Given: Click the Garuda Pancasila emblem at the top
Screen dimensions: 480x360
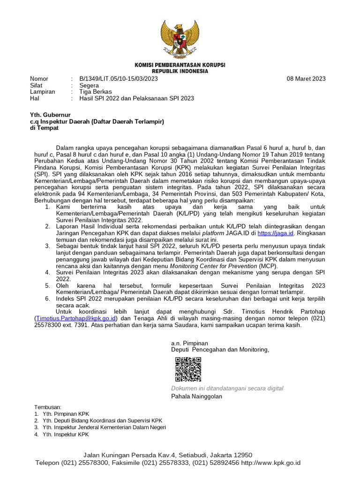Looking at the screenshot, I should point(180,39).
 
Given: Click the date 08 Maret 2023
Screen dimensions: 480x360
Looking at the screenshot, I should point(306,79).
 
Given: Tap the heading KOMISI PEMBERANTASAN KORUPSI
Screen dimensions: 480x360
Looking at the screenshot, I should point(180,65).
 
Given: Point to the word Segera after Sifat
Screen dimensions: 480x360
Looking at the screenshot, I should point(89,86).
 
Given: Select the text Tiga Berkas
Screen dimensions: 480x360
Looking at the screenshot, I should point(95,92).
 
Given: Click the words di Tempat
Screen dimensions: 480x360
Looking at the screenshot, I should point(42,128).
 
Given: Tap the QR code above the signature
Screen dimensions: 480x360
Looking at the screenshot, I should point(188,369).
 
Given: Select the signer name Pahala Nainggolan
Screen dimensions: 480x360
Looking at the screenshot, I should point(197,397).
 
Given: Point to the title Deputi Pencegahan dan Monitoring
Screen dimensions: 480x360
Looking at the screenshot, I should point(220,350).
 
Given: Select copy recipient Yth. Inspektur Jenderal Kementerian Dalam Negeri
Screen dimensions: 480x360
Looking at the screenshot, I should point(104,427).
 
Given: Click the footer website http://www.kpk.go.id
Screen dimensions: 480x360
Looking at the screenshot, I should point(270,463).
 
